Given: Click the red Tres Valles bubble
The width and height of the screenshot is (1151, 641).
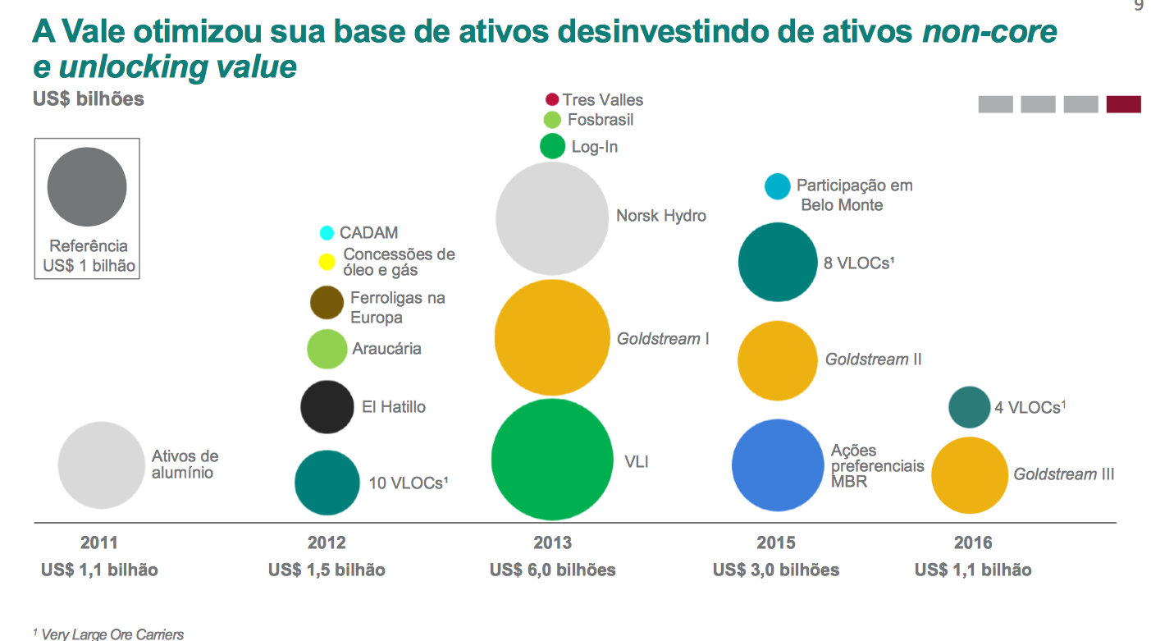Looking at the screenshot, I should [552, 99].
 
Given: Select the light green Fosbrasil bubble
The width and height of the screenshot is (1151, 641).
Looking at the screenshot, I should [552, 120].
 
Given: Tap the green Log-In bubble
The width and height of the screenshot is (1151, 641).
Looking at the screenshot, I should [552, 146].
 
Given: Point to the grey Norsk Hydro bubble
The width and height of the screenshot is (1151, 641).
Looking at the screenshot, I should [552, 217].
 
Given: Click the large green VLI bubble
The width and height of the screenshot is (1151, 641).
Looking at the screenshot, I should [552, 459].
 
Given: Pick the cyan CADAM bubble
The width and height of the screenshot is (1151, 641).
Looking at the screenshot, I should [327, 233].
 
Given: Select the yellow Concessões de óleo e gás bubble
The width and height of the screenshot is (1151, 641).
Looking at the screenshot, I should [327, 262].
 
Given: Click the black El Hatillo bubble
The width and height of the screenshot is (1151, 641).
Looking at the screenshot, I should [327, 406].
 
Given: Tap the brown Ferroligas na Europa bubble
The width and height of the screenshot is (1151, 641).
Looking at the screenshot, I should [327, 302].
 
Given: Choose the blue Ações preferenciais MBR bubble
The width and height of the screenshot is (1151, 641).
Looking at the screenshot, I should [777, 465].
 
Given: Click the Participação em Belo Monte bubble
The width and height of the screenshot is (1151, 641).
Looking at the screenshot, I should [777, 187].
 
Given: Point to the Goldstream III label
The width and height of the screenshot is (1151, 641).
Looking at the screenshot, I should [1063, 474].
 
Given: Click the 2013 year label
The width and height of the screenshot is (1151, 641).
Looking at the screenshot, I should [552, 543].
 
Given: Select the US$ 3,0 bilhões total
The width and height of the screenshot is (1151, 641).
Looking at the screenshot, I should [776, 570].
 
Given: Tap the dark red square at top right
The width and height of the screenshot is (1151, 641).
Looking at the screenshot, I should [1123, 104].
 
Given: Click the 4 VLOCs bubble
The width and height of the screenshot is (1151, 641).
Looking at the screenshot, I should [969, 407].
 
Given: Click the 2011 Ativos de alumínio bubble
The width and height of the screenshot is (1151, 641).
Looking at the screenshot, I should [102, 465].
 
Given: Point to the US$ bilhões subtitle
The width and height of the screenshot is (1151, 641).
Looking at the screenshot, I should [89, 99].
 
